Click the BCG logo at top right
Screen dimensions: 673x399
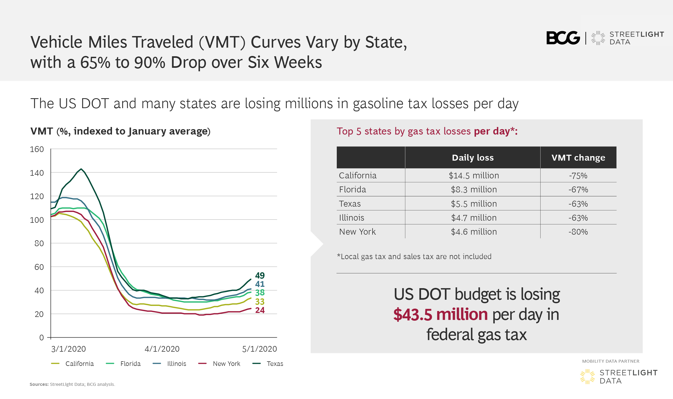pos(563,38)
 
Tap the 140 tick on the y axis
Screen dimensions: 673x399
pos(37,173)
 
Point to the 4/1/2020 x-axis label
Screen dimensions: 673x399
pos(162,349)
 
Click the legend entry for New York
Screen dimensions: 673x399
pos(219,364)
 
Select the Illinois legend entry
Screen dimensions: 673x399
pos(169,364)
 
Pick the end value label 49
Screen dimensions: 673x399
pos(260,275)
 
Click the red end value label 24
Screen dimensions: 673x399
pos(260,310)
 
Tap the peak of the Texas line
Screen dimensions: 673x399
pos(81,169)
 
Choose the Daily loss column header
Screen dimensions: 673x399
pos(473,158)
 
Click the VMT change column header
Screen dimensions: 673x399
pos(578,158)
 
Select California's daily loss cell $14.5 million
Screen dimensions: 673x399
pos(474,176)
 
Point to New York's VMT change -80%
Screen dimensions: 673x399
pos(578,232)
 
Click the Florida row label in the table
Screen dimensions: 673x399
pos(352,190)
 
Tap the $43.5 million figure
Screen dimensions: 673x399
pos(440,315)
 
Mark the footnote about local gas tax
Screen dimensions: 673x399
pos(414,257)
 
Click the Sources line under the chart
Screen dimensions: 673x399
pos(72,384)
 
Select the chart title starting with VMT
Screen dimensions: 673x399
pos(120,131)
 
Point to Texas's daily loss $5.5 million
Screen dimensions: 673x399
pos(474,204)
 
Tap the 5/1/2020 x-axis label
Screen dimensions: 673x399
pos(260,349)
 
